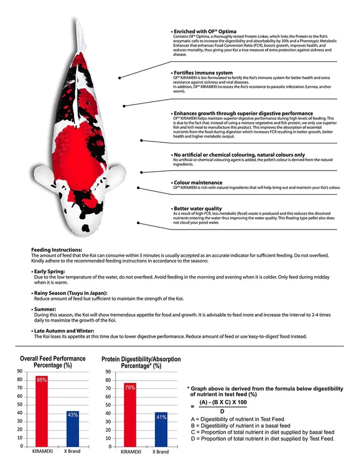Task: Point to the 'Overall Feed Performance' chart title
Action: [x=53, y=359]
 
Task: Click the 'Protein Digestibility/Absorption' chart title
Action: [x=141, y=359]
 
